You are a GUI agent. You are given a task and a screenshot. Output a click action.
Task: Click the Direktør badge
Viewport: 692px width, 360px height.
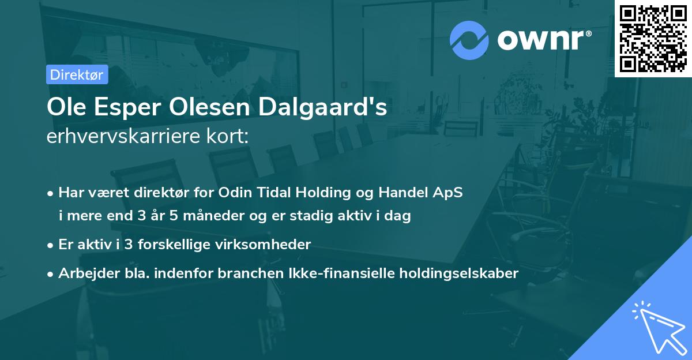point(77,74)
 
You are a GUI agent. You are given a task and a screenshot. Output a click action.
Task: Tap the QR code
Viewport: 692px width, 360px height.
point(653,39)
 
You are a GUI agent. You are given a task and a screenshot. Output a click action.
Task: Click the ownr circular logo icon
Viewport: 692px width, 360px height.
point(469,40)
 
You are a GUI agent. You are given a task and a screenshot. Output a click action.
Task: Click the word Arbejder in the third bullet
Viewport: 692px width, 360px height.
point(85,273)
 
